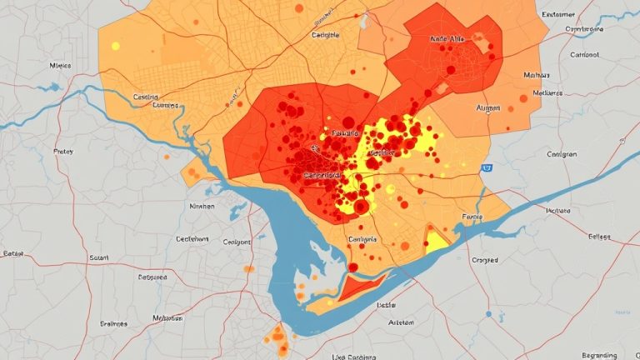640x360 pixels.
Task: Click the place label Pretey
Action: click(62, 152)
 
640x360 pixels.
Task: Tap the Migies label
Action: click(61, 64)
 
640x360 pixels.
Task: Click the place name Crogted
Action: click(484, 261)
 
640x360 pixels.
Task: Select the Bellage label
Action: click(593, 237)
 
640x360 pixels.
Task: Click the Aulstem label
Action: click(401, 322)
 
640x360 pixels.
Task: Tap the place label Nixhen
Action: click(202, 206)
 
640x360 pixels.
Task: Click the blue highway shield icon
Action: click(485, 168)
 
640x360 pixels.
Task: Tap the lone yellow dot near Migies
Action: click(115, 46)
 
